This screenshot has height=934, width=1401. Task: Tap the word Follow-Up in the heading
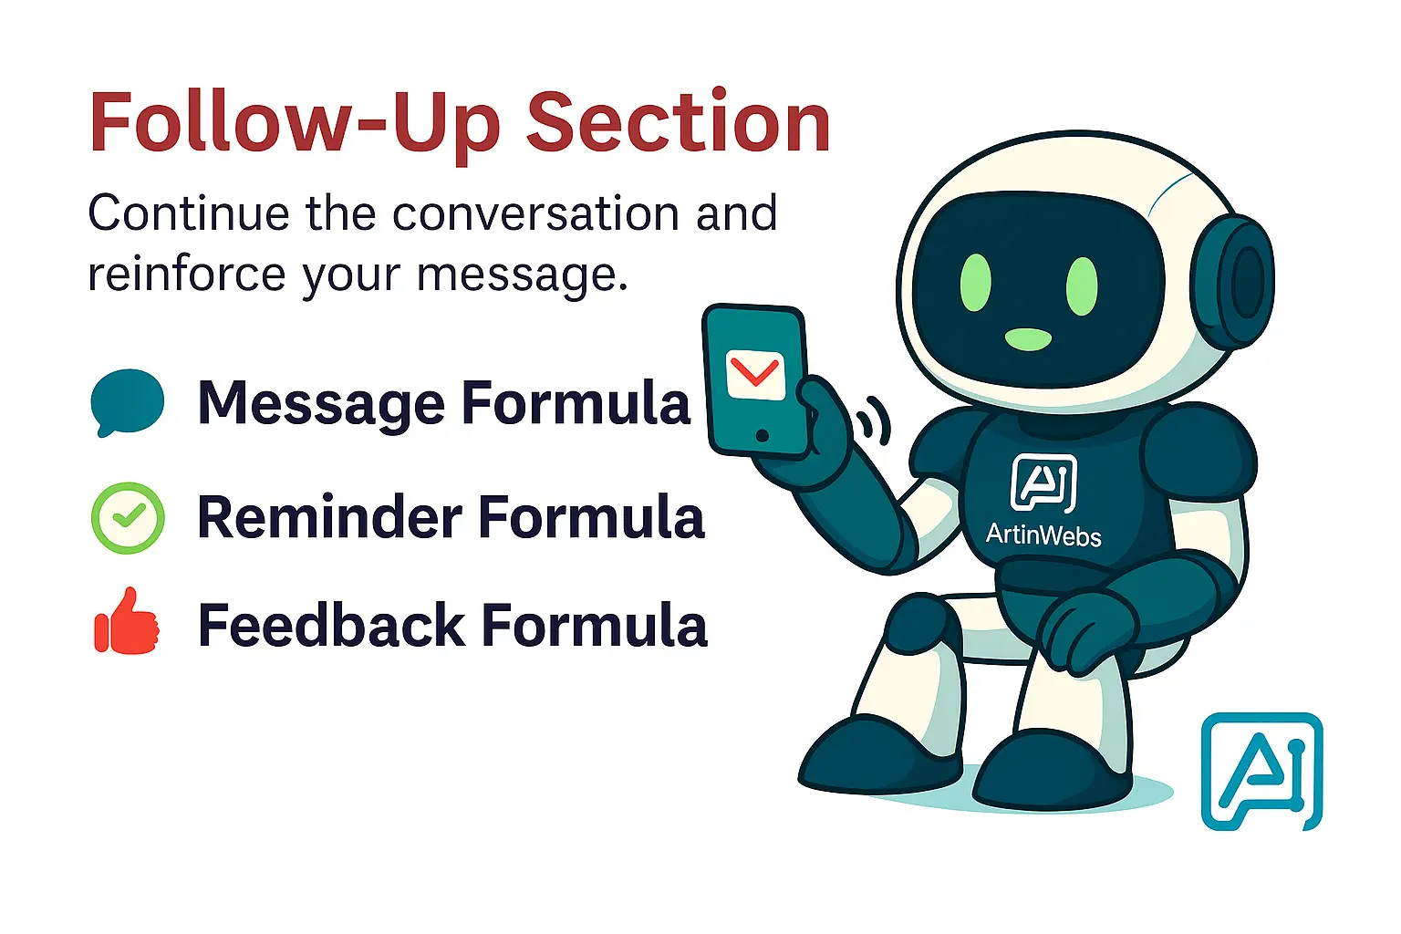(295, 125)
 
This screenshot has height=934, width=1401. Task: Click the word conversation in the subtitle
(535, 213)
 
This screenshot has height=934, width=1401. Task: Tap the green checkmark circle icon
(129, 518)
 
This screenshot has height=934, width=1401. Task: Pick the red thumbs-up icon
(127, 622)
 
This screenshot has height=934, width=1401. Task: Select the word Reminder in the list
(329, 517)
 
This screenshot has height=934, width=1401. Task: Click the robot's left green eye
(976, 283)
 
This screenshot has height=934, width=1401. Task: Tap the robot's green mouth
(1028, 339)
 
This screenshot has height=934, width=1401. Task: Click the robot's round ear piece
(1233, 281)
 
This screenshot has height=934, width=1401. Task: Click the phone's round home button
(762, 435)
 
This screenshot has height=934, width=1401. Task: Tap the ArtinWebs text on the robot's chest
(1043, 535)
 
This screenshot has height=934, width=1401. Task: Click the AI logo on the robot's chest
(1043, 483)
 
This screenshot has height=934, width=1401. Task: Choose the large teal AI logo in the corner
(1262, 772)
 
